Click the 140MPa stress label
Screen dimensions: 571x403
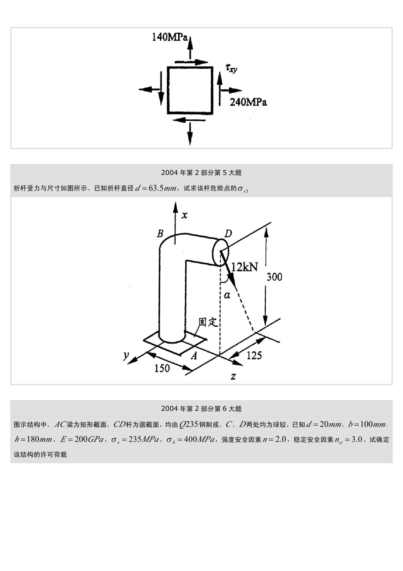(x=170, y=37)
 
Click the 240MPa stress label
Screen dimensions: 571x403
(x=248, y=102)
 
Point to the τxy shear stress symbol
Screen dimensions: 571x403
(x=231, y=68)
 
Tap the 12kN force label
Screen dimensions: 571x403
(x=244, y=267)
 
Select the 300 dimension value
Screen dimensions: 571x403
(x=274, y=277)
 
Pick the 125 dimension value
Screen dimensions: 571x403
(x=254, y=355)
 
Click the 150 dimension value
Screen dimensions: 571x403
(x=162, y=368)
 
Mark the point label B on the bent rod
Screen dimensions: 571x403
(x=160, y=233)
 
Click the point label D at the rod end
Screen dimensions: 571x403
(x=228, y=233)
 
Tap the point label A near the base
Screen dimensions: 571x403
(x=194, y=356)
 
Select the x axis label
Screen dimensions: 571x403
(x=184, y=215)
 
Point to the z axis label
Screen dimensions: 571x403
(x=233, y=376)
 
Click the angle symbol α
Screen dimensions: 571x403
(x=227, y=296)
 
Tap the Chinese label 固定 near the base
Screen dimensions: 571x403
(x=208, y=322)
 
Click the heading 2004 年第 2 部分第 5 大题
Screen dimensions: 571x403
(x=201, y=173)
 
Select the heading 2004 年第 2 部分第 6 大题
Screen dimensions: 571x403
(x=201, y=409)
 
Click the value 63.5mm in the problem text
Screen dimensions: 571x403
(x=163, y=188)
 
